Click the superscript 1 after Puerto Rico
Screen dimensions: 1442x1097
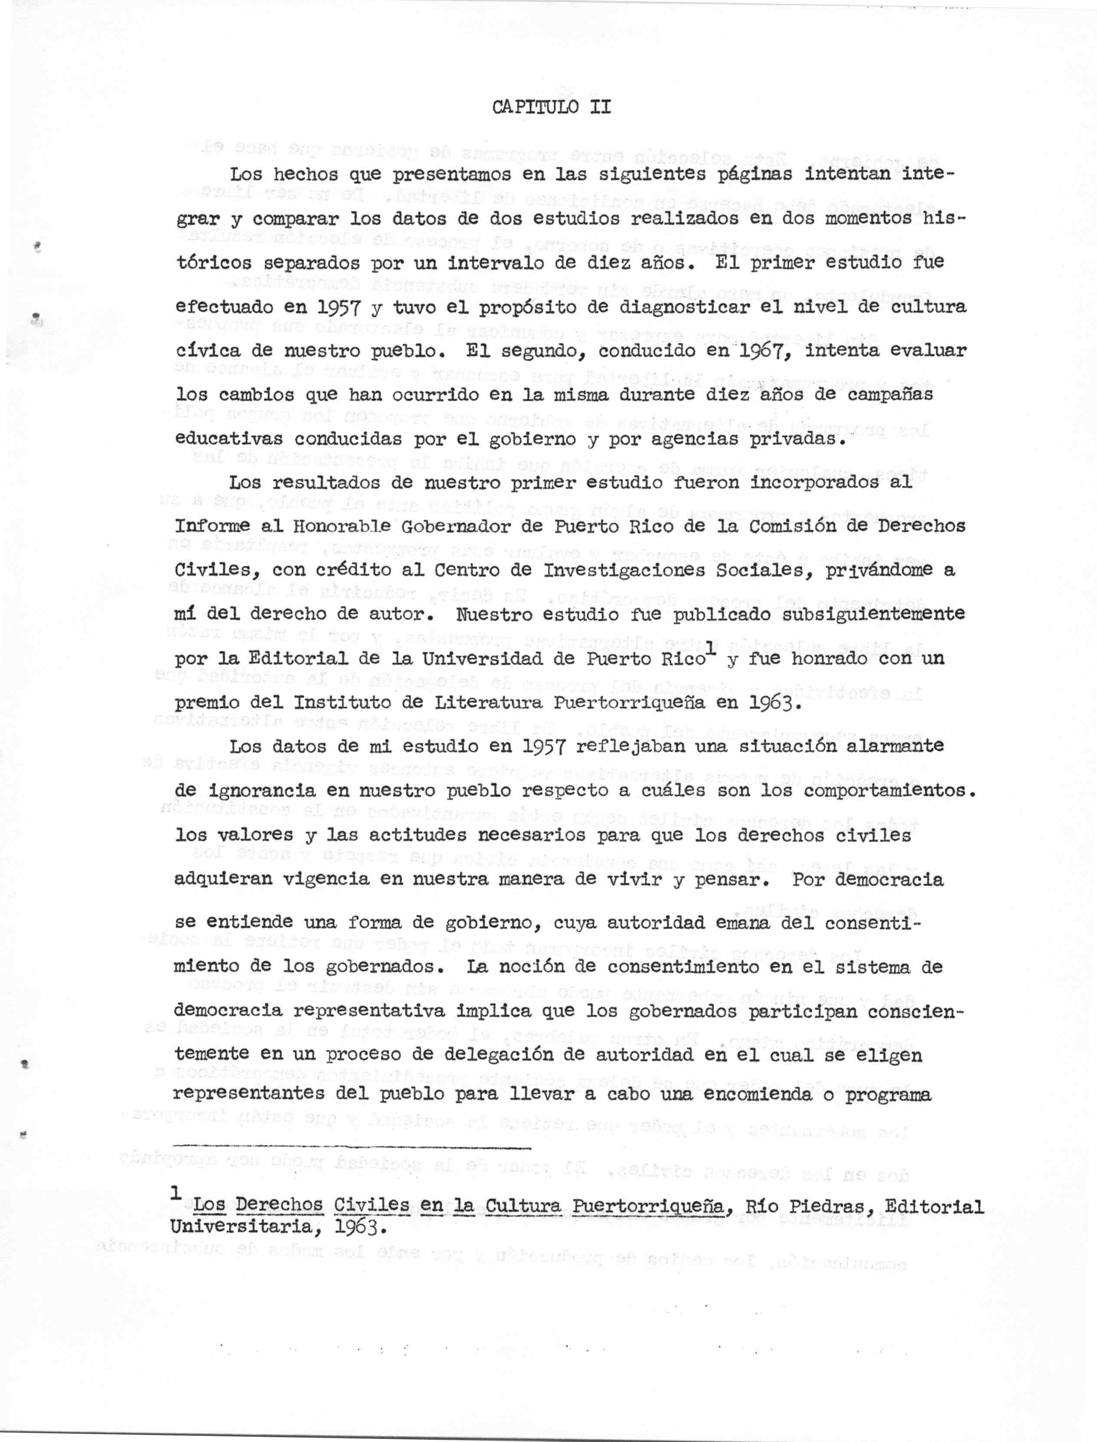709,647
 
